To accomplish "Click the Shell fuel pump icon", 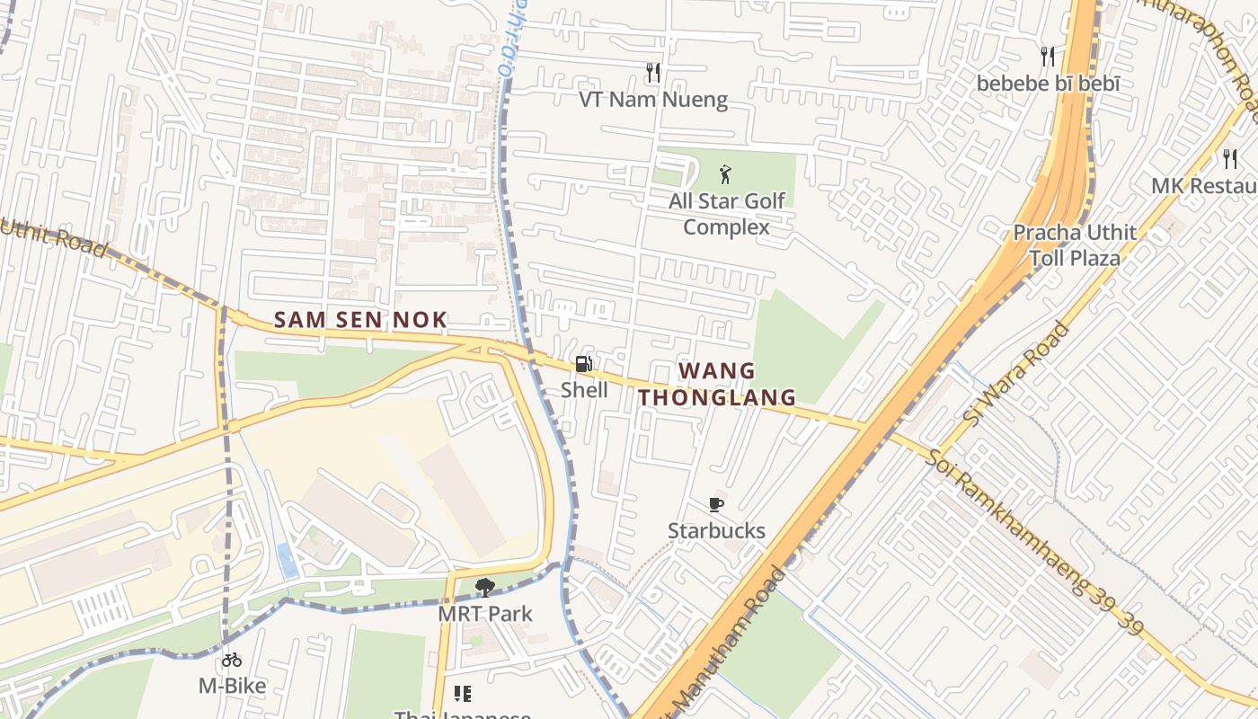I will point(583,364).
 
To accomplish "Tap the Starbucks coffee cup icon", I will point(716,504).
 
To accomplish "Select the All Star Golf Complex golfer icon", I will point(725,174).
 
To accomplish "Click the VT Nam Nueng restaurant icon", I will point(653,73).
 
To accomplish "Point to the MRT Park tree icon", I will point(484,588).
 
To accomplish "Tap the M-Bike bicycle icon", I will point(232,660).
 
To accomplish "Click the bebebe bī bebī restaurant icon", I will point(1048,57).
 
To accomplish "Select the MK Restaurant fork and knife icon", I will point(1230,159).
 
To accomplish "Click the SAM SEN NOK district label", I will point(360,320).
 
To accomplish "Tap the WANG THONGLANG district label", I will point(717,384).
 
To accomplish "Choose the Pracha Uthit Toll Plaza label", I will point(1075,245).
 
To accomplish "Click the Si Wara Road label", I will point(1016,373).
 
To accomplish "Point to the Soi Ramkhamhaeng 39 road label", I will point(1033,540).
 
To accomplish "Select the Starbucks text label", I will point(716,530).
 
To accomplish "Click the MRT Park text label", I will point(485,614).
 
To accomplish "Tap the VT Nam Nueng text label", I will point(653,99).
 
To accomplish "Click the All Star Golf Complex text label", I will point(726,214).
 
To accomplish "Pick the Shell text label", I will point(584,390).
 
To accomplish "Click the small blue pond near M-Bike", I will point(288,561).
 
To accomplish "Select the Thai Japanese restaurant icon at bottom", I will point(463,694).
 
